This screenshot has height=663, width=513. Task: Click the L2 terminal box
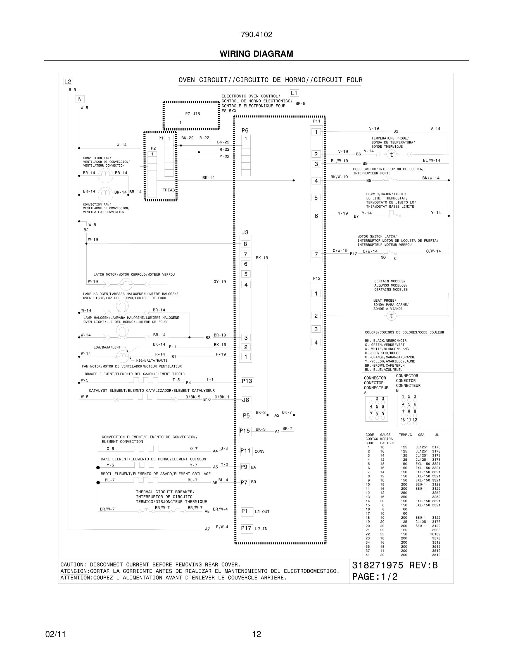click(x=67, y=81)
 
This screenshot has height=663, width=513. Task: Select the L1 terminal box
click(x=294, y=93)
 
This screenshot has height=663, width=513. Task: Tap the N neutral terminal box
click(x=80, y=99)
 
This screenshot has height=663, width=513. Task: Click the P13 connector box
click(x=247, y=381)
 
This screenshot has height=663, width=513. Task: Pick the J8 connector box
click(x=246, y=400)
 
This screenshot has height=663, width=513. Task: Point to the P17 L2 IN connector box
click(x=246, y=528)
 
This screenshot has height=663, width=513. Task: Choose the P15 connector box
click(x=245, y=431)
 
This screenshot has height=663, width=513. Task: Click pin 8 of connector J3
click(x=246, y=244)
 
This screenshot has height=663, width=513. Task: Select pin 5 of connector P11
click(x=316, y=198)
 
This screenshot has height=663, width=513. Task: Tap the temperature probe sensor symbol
click(x=391, y=155)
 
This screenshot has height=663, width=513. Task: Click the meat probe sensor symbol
click(x=391, y=316)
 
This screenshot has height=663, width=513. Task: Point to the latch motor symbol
click(x=125, y=284)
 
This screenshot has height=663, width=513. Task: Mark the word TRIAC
click(x=169, y=190)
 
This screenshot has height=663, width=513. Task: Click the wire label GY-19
click(x=220, y=282)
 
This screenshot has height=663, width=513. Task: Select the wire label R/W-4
click(x=222, y=527)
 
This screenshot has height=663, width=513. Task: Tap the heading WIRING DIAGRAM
click(x=256, y=54)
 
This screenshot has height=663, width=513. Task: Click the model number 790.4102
click(x=256, y=35)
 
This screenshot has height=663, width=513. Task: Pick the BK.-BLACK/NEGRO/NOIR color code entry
click(x=386, y=341)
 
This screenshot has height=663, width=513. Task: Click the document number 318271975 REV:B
click(x=395, y=565)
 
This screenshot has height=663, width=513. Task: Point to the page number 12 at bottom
click(x=256, y=634)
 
